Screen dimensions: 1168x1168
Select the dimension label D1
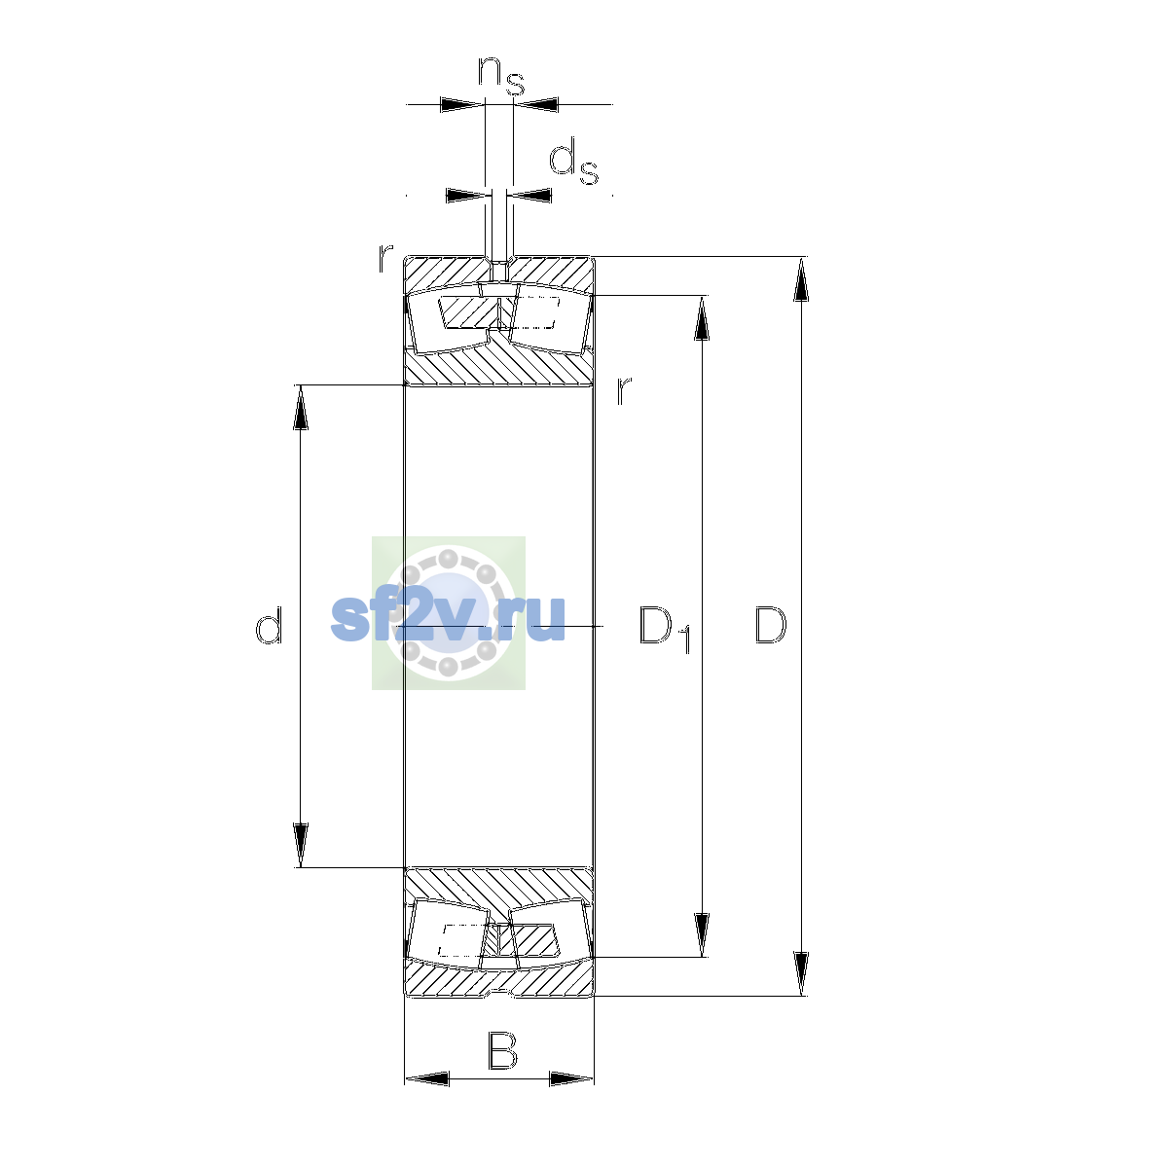(x=665, y=629)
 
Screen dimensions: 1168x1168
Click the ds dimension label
(x=573, y=162)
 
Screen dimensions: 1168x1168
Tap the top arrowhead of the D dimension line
(x=801, y=279)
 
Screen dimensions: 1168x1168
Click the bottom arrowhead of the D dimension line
(x=801, y=974)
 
